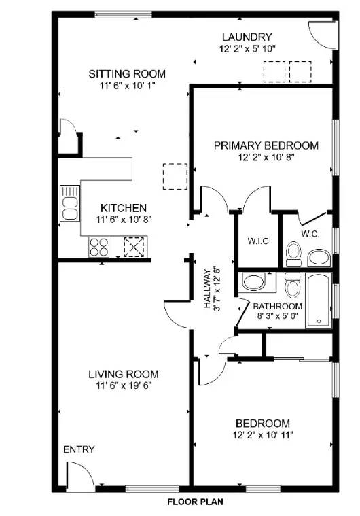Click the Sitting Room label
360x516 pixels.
coord(128,74)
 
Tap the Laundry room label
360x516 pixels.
coord(246,37)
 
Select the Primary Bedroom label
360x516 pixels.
coord(266,145)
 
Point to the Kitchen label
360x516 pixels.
coord(123,208)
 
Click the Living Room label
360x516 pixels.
coord(123,374)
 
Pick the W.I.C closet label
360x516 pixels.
coord(257,241)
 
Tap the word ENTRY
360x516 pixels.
coord(79,450)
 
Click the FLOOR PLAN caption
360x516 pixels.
coord(196,502)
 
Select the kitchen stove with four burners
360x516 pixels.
coord(98,246)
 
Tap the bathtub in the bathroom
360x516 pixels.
coord(318,300)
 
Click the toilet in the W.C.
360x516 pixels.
coord(293,254)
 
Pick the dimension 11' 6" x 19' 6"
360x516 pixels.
coord(123,385)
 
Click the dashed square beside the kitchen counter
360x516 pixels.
coord(175,175)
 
